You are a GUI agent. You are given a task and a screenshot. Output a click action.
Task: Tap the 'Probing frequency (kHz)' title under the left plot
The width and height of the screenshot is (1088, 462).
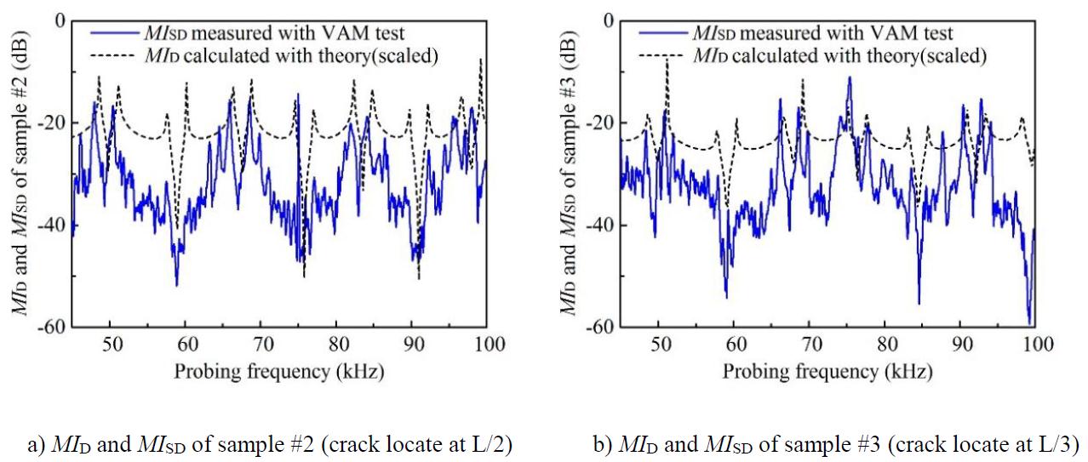(x=278, y=372)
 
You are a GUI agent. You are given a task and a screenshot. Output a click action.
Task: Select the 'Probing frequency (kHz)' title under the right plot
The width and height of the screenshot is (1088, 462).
(x=827, y=372)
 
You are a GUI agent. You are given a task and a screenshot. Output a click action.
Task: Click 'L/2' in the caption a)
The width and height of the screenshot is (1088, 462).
(x=487, y=445)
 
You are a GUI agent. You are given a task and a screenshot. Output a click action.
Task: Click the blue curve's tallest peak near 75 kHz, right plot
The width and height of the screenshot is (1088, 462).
(x=849, y=77)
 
